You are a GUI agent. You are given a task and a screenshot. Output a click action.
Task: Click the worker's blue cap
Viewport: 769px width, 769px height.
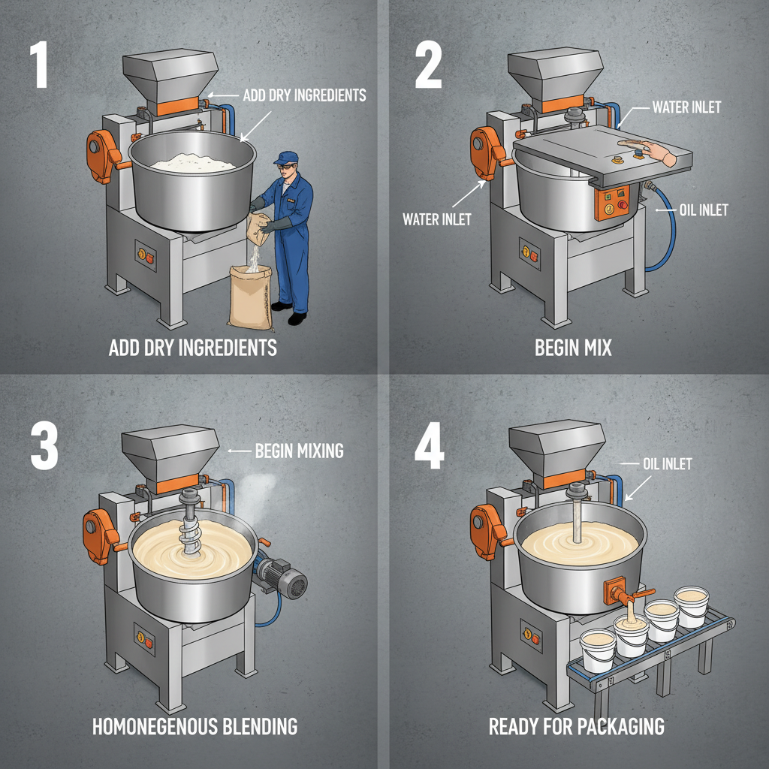coord(285,158)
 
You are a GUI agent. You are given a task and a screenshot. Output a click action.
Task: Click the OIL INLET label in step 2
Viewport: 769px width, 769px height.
coord(704,210)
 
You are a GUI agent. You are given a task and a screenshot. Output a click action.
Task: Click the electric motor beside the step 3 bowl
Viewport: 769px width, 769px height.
coord(284,581)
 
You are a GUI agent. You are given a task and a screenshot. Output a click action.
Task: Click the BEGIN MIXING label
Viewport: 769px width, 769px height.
coord(299,451)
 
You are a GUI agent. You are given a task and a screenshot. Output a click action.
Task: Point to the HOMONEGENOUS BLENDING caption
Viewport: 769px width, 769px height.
coord(195,727)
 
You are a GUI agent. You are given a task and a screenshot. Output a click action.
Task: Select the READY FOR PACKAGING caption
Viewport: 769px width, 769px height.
coord(577,727)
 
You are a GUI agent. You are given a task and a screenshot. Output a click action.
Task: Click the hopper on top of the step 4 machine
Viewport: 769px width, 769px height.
coord(556,447)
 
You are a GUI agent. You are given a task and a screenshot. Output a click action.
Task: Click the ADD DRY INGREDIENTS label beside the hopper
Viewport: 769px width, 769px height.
coord(304,95)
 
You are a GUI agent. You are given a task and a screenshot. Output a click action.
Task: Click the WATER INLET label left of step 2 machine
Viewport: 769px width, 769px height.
coord(437,219)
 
